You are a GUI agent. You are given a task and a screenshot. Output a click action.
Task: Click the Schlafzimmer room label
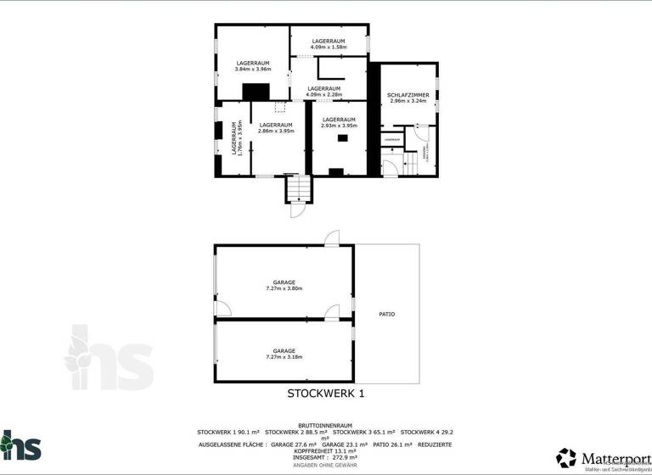[x=407, y=98]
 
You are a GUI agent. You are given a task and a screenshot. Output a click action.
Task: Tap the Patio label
[x=386, y=314]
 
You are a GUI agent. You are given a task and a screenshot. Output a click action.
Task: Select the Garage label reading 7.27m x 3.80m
[x=284, y=285]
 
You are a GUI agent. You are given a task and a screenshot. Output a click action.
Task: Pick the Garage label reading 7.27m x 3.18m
[x=284, y=354]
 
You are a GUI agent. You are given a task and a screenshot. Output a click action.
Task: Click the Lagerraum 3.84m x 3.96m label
[x=253, y=66]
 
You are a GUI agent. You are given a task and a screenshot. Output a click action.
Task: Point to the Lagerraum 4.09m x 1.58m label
[x=328, y=44]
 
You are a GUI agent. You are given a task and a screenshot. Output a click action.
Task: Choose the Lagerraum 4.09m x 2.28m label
[x=323, y=92]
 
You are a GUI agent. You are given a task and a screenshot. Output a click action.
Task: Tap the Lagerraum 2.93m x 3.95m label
[x=339, y=123]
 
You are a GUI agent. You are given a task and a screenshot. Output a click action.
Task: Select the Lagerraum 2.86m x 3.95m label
[x=276, y=128]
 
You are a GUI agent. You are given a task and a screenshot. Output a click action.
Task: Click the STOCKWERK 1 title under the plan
[x=325, y=394]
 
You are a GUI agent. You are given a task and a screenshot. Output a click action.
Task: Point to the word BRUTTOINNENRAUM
[x=325, y=425]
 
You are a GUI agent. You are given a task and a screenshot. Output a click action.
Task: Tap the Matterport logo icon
[x=566, y=458]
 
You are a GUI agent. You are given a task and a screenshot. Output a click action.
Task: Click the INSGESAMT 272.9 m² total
[x=325, y=457]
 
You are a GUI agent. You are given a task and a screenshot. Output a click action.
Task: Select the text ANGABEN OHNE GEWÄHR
[x=325, y=465]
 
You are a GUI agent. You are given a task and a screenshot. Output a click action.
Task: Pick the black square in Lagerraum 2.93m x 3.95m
[x=343, y=138]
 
